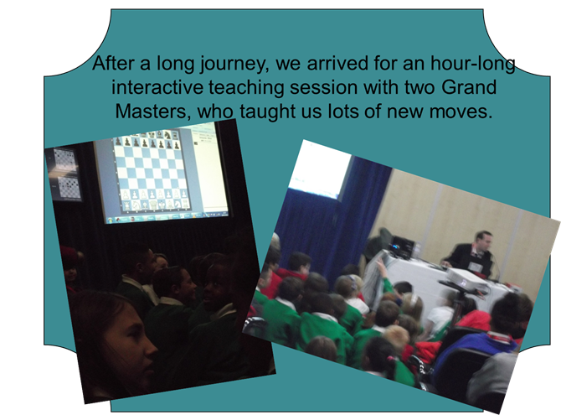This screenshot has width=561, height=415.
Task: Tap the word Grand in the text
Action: coord(469,87)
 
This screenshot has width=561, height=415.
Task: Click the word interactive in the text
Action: coord(157,87)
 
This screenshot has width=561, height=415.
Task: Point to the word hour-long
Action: coord(473,65)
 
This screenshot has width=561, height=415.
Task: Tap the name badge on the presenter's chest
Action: coord(475,267)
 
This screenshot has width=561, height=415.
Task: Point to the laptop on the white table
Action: coord(402,246)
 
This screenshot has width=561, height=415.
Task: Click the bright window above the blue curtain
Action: coord(320,171)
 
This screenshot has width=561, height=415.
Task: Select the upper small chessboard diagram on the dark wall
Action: coord(64,160)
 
